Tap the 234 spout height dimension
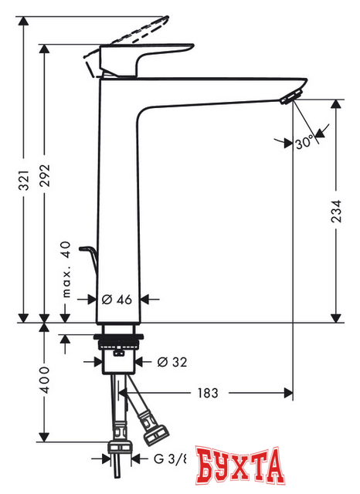click(335, 207)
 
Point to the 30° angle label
click(304, 142)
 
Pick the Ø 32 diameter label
click(171, 360)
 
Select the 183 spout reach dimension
click(205, 392)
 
